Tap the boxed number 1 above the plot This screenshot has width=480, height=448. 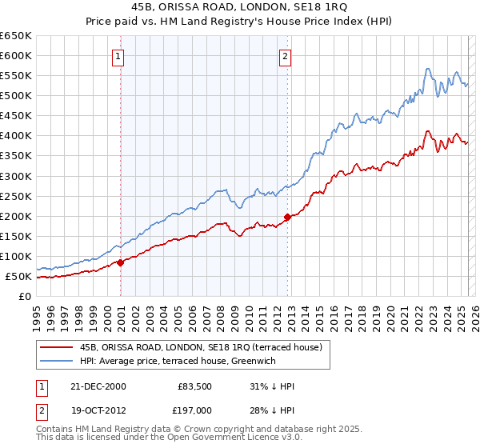[118, 56]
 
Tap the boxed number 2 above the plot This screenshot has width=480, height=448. [285, 56]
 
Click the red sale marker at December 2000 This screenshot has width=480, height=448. [121, 262]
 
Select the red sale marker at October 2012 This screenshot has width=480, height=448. [287, 216]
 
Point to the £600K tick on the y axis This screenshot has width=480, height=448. [16, 55]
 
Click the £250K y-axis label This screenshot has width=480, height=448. [16, 196]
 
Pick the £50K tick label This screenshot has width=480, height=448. [19, 277]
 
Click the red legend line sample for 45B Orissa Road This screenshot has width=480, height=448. [57, 347]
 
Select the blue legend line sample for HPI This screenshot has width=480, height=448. [57, 362]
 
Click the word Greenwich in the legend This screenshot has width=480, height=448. [276, 362]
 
